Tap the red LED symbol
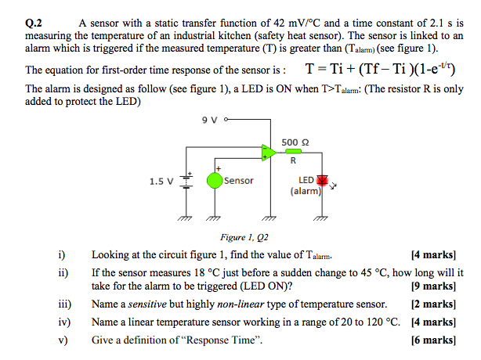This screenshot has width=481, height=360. pyautogui.click(x=320, y=179)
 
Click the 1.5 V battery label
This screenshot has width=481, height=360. pyautogui.click(x=161, y=182)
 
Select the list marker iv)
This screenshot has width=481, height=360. pyautogui.click(x=64, y=322)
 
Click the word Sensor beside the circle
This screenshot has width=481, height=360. pyautogui.click(x=239, y=181)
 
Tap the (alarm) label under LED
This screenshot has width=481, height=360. pyautogui.click(x=305, y=190)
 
